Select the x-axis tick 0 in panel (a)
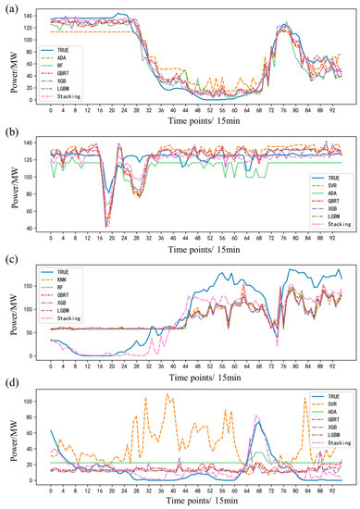(x=51, y=109)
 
